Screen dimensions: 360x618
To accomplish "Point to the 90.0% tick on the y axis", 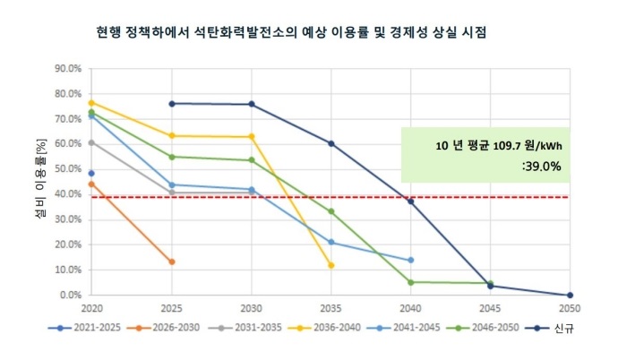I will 69,68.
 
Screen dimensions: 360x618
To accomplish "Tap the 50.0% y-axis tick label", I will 69,168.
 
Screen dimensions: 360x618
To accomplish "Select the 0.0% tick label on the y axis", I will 72,295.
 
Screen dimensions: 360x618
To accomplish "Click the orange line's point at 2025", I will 171,261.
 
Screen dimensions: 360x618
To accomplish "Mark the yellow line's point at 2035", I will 331,265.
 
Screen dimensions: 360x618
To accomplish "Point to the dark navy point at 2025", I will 171,103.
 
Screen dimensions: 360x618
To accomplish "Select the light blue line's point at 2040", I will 410,260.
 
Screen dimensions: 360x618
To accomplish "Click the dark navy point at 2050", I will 570,295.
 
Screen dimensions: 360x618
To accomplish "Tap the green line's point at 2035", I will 331,211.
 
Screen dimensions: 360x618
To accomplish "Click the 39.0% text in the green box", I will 540,166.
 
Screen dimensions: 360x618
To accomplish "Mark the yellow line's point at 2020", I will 91,102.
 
